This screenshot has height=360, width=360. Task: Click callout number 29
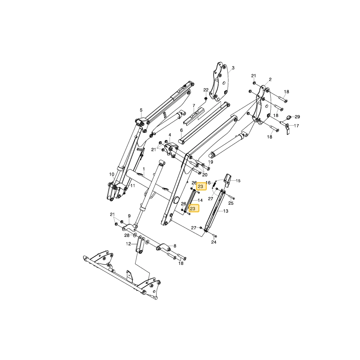[x=297, y=117]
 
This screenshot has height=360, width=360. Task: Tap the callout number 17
[x=296, y=126]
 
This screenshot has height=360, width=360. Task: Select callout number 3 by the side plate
[x=233, y=68]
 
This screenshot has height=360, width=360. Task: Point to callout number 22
[x=206, y=90]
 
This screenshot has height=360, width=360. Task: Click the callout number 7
[x=194, y=105]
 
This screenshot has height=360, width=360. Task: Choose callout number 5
[x=141, y=110]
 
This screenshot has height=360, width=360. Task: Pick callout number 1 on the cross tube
[x=144, y=169]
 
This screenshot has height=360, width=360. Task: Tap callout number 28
[x=127, y=235]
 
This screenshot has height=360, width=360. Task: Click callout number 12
[x=129, y=244]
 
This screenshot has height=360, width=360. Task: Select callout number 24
[x=214, y=242]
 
